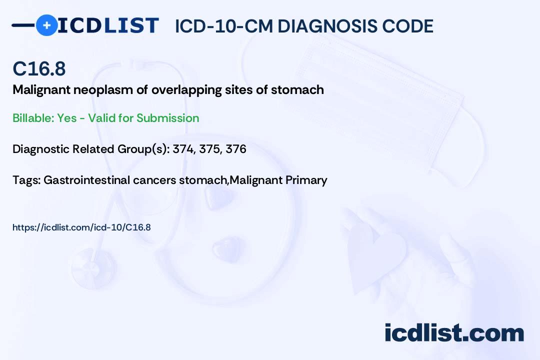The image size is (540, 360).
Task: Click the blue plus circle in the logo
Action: [46, 25]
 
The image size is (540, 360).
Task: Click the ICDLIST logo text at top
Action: [108, 25]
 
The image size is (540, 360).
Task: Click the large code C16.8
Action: [39, 69]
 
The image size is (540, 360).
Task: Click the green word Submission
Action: [167, 118]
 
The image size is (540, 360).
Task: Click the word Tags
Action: [25, 180]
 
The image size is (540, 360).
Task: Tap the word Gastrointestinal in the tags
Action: [87, 180]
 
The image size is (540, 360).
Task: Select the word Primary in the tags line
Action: [306, 180]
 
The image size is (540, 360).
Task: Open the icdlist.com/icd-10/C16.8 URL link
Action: [81, 227]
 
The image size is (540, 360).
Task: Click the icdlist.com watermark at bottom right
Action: [454, 333]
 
